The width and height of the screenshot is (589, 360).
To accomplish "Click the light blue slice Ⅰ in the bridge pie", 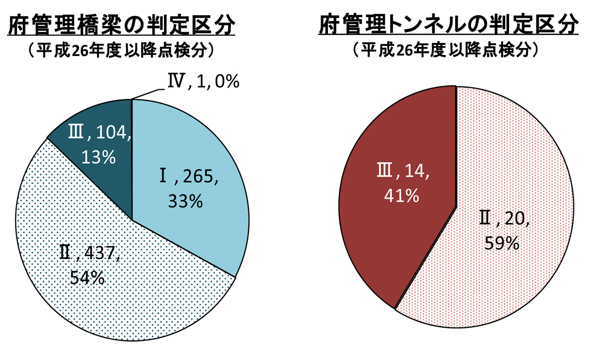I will coord(196,147).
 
